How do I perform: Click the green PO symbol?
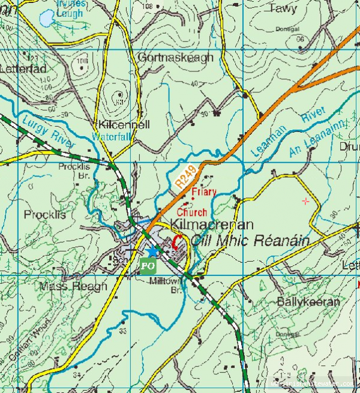(148, 265)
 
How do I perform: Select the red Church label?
(192, 212)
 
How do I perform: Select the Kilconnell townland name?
(125, 125)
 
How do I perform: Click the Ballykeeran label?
(308, 302)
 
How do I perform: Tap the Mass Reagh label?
(73, 286)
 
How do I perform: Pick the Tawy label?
(283, 9)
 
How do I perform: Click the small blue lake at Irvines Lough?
(46, 19)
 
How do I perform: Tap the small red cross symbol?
(307, 201)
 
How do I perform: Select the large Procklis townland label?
(45, 214)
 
